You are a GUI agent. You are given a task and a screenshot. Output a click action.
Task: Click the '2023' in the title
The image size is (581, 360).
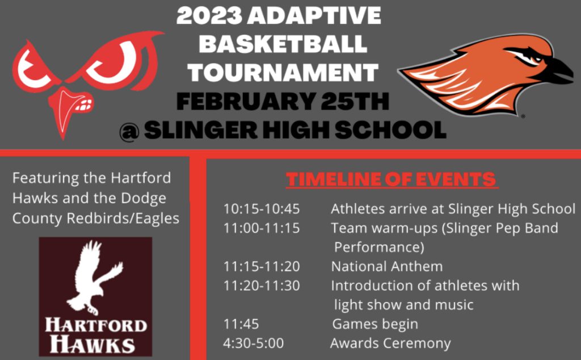[209, 15]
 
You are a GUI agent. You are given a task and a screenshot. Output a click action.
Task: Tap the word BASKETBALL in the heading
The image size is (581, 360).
[283, 44]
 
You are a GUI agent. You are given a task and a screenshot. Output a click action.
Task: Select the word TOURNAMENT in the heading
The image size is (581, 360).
[283, 72]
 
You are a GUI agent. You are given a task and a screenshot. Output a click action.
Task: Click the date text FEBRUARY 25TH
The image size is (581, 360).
[283, 101]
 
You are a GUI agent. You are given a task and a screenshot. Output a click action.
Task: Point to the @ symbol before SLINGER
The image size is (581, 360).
[129, 131]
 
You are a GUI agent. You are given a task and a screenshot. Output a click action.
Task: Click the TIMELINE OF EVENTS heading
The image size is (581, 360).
[391, 179]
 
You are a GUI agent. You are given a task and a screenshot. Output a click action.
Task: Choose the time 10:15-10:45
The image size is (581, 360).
[261, 209]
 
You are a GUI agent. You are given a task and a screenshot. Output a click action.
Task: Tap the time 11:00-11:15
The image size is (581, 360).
[261, 228]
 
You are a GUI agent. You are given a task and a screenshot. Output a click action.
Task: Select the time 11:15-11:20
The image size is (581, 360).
[261, 266]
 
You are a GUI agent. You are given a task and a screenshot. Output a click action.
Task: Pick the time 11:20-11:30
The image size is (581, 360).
[261, 286]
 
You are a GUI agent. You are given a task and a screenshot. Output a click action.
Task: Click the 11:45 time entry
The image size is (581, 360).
[241, 324]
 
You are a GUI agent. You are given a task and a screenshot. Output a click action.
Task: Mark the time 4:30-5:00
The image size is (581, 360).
[254, 344]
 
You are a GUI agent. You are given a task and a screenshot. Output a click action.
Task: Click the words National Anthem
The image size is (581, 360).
[387, 266]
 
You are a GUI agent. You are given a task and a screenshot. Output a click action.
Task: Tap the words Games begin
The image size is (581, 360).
[375, 324]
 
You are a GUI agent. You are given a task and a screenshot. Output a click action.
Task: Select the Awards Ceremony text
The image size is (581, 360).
[390, 344]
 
